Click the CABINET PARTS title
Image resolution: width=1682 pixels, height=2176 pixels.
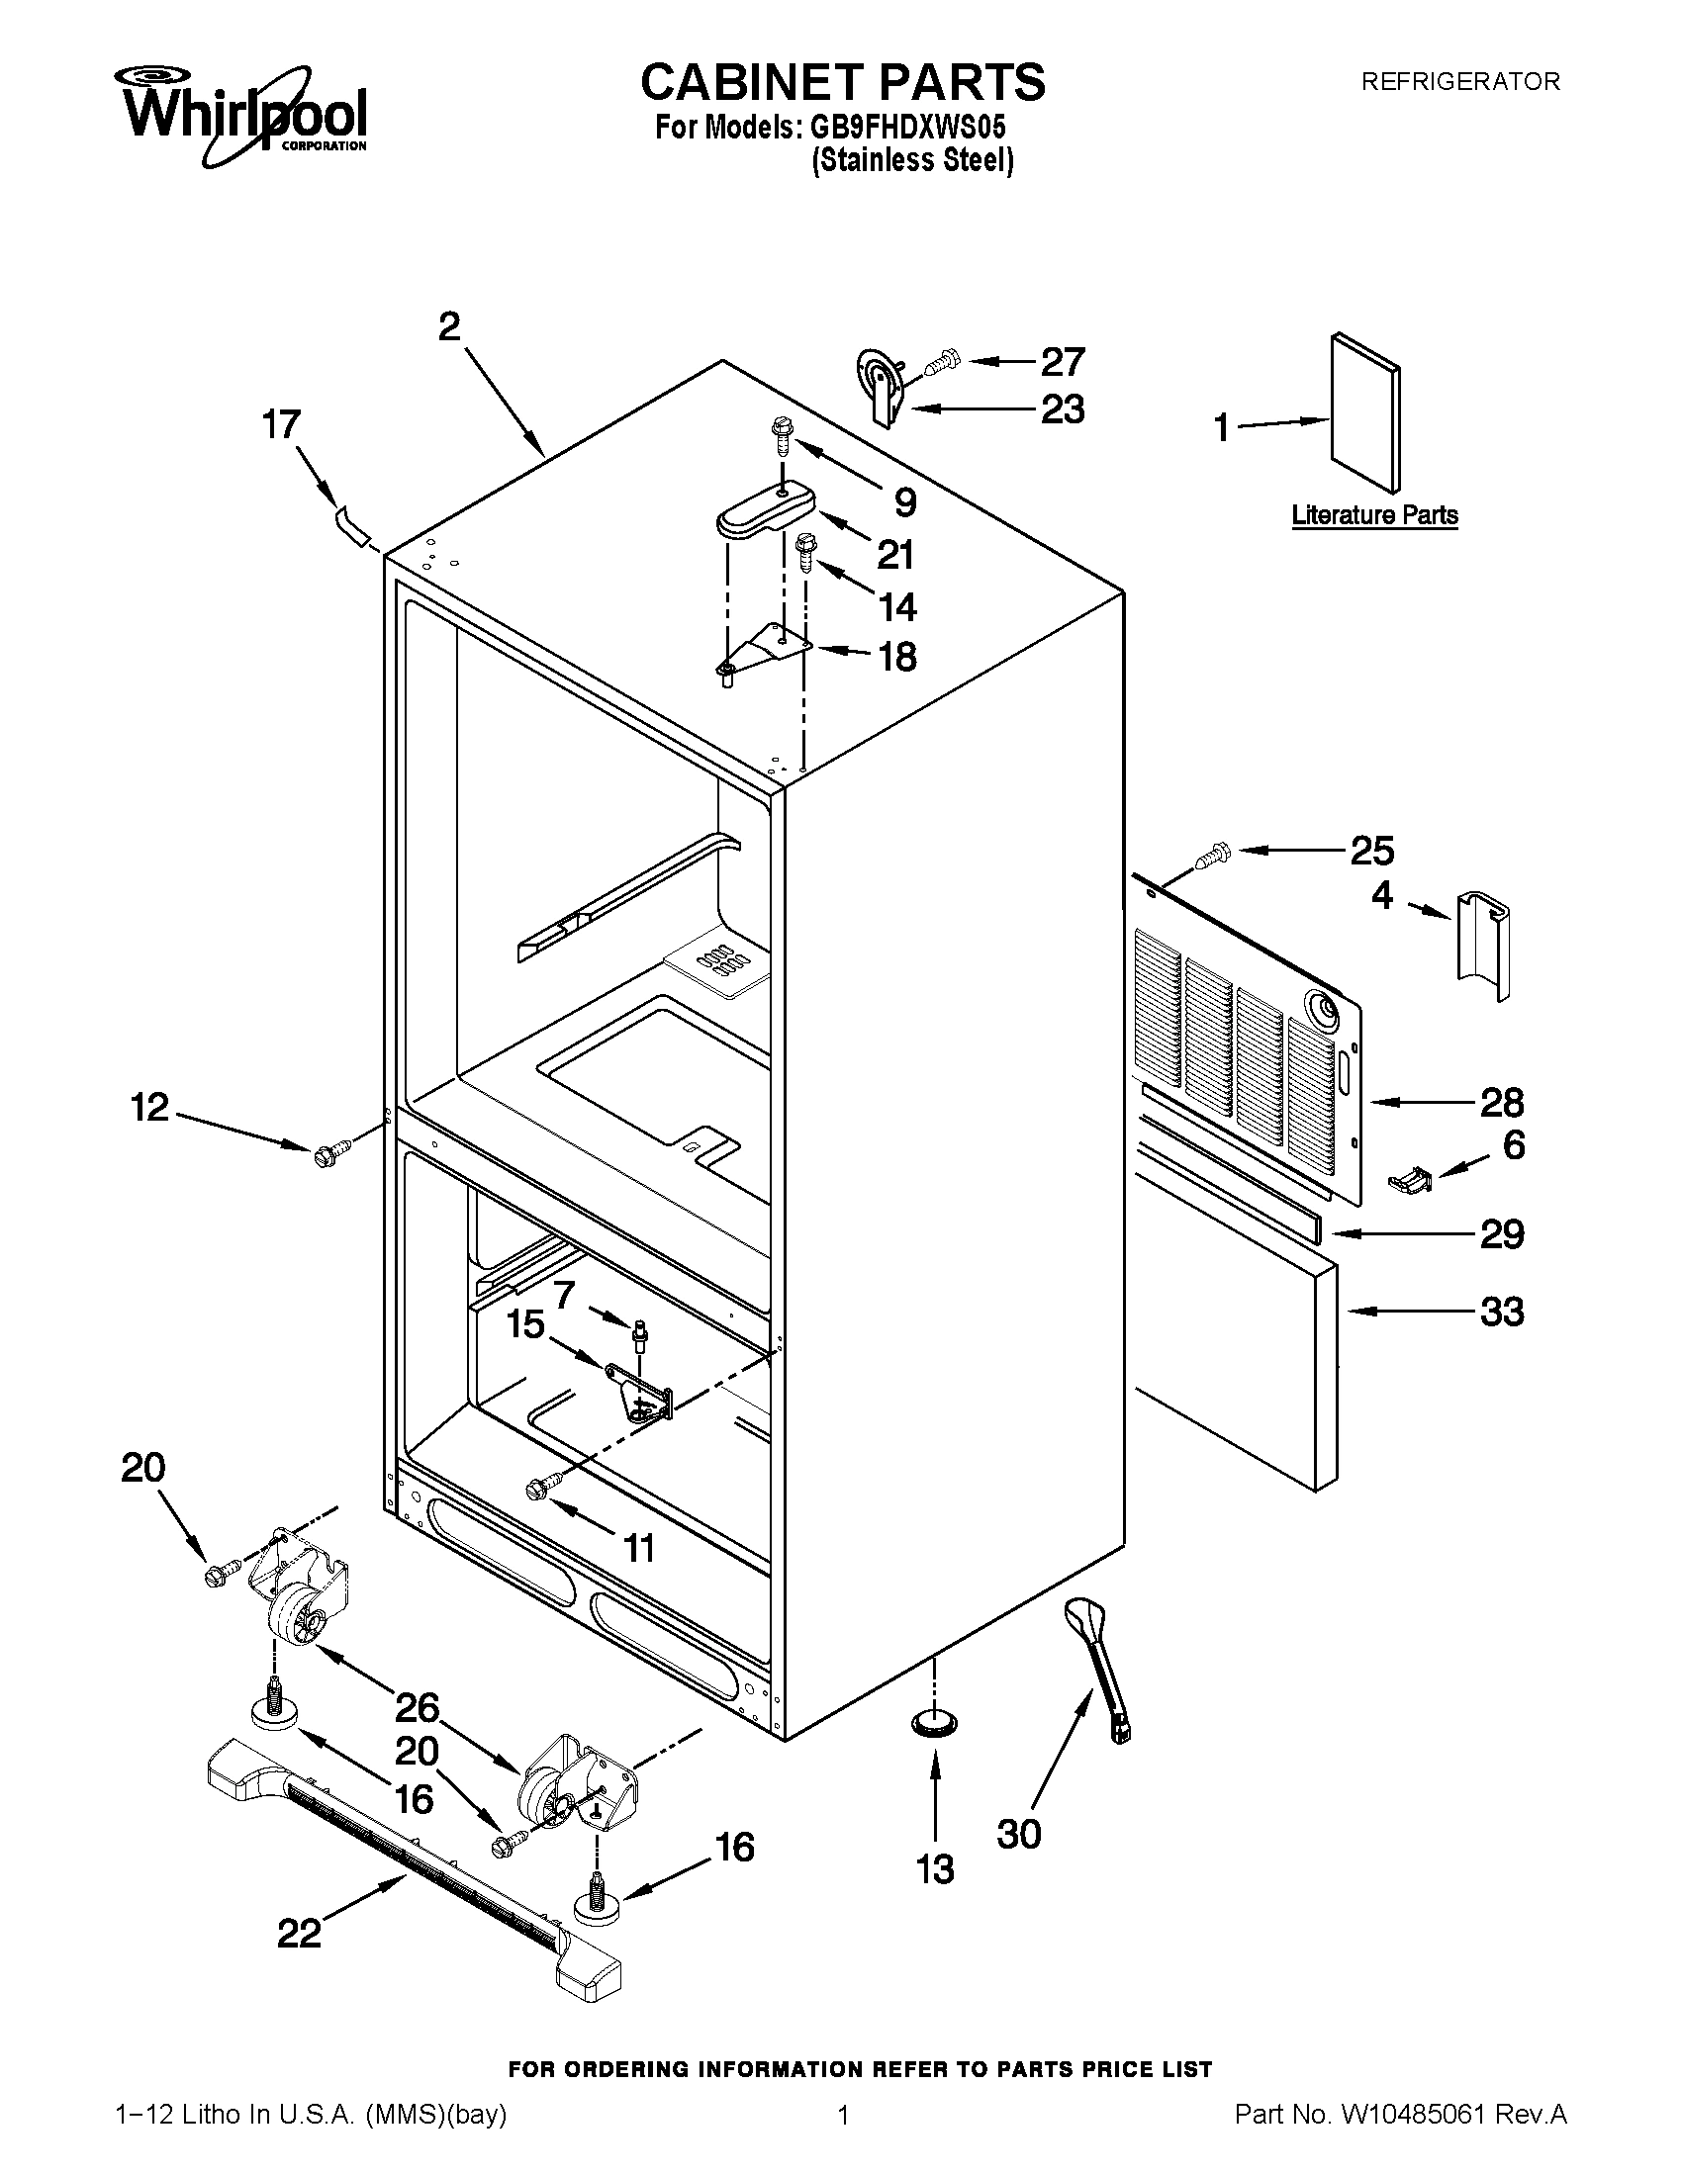(842, 82)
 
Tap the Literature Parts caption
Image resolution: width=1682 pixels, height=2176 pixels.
(1374, 515)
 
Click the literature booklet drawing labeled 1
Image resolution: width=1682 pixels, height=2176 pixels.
(1364, 412)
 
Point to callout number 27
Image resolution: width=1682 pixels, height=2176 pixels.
(1063, 362)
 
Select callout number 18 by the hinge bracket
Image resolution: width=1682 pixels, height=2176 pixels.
(896, 656)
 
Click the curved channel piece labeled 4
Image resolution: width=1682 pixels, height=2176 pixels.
(1484, 947)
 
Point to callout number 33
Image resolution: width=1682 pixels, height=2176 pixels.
(1501, 1312)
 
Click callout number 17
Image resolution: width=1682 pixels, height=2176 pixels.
(281, 425)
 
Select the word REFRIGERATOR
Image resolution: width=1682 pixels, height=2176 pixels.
(1459, 82)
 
